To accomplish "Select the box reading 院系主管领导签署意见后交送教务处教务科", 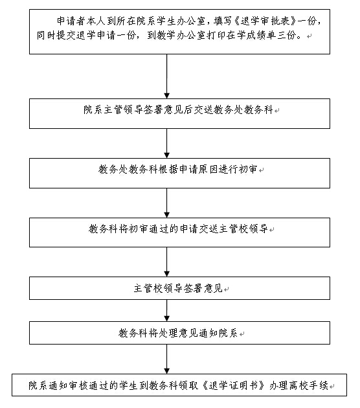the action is pos(179,113).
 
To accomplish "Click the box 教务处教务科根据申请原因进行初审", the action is pos(179,173).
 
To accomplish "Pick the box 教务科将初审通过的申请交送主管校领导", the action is pos(179,232).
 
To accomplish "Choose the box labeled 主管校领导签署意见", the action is pos(179,288).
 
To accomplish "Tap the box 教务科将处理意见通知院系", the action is pos(179,333).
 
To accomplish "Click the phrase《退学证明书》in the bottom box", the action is pos(233,385).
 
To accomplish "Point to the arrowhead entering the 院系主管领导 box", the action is pos(167,96).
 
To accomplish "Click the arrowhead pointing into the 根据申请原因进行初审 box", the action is pos(167,155).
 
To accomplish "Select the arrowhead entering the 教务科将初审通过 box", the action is pos(167,215).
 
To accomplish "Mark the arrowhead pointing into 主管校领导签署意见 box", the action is pos(167,274).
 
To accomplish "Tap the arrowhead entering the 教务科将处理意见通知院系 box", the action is pos(167,319).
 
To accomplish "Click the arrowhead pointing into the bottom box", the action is pos(167,371).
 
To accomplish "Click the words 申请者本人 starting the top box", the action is pos(81,21).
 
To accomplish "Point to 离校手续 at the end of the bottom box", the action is pos(309,385).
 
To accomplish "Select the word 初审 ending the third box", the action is pos(248,170).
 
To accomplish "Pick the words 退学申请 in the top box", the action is pos(95,35).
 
